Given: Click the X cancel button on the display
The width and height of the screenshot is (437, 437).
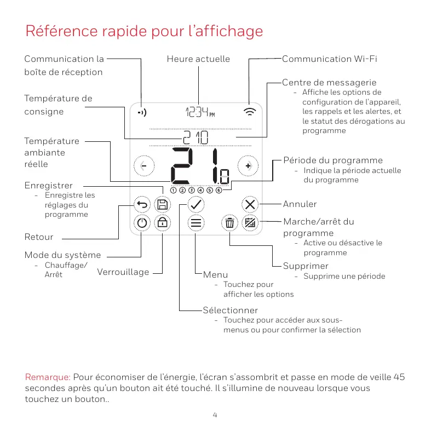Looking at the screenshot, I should coord(250,205).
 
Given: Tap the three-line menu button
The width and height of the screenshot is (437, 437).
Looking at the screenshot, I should coord(196,223).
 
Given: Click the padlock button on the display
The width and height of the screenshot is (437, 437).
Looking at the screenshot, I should coord(163,223).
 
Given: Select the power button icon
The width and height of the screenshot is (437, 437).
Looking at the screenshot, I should coord(142,223).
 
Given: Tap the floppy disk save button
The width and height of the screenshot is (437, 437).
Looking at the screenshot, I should coord(163,205).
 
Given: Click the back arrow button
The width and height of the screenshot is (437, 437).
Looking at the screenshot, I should coord(142,205).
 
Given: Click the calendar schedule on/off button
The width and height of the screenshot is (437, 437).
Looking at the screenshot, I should coord(250,223).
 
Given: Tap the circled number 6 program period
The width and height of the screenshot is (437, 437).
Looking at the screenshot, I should coord(219,191).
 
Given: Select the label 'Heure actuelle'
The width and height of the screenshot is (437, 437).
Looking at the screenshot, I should coord(198,59).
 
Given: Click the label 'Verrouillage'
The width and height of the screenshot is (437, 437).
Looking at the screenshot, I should coord(123,272).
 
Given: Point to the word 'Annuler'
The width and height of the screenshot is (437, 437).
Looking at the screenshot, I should coord(300,204).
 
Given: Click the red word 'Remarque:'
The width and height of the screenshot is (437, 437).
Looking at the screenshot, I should coord(48,377).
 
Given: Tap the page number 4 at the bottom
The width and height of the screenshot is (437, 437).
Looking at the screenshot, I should coord(215,415).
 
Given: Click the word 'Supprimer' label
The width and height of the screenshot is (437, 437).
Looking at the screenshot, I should coord(306,266).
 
